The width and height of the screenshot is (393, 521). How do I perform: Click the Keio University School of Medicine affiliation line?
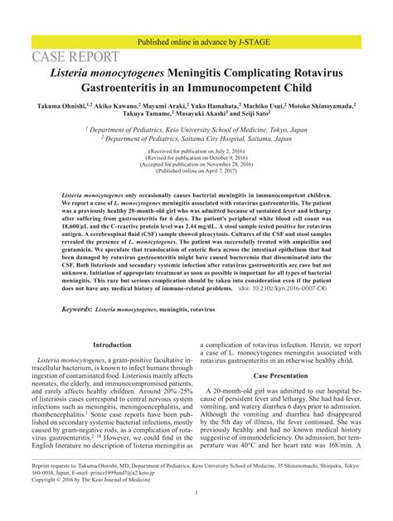click(x=196, y=130)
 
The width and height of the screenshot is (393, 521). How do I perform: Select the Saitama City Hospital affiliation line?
click(x=196, y=139)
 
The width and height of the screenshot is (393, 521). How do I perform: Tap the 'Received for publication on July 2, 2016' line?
click(x=196, y=153)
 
